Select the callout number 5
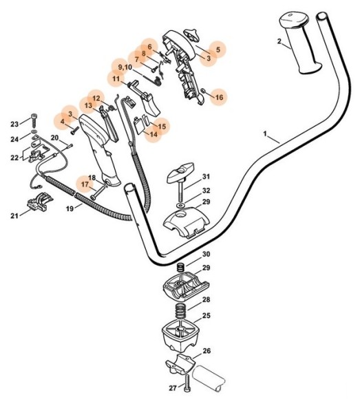218,50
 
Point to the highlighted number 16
219,98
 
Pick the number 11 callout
117,79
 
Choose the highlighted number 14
153,135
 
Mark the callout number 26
206,350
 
